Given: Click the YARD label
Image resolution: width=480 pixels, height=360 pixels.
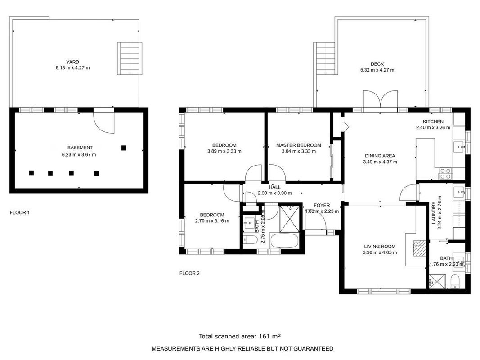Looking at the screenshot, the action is [x=72, y=62].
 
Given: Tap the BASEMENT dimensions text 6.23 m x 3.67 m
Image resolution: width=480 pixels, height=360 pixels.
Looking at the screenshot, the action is [x=79, y=155].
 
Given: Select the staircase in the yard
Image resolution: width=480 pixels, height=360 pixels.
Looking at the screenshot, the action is [x=130, y=58].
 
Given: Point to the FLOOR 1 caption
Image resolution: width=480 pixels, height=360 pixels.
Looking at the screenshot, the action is [x=20, y=212].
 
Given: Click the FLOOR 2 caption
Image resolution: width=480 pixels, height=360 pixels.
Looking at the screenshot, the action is [x=189, y=273].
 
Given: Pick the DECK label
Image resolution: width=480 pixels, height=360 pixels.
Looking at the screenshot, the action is [x=377, y=64].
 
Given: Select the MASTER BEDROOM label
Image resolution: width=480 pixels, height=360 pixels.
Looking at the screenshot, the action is [x=299, y=145].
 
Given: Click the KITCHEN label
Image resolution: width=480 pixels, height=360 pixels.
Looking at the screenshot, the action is [x=433, y=121].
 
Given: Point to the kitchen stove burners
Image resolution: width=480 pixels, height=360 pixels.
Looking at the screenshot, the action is [x=445, y=174].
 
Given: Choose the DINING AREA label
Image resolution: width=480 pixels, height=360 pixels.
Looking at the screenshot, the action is [x=380, y=156].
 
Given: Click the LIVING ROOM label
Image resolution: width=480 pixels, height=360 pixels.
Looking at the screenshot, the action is [x=380, y=247].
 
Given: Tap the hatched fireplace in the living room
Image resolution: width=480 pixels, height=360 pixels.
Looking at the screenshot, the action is [x=419, y=248].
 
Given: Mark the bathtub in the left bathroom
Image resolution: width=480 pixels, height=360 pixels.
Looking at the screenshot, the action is [x=284, y=241].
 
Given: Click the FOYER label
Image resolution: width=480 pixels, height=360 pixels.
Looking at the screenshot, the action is [x=322, y=205].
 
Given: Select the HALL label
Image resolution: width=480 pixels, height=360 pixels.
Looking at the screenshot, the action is [x=274, y=187].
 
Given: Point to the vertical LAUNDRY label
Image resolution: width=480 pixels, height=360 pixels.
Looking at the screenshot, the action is [x=434, y=213].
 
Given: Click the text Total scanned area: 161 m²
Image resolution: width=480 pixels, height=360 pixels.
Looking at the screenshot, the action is [x=240, y=336].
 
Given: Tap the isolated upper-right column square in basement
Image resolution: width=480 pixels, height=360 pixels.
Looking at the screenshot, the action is [x=124, y=148].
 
